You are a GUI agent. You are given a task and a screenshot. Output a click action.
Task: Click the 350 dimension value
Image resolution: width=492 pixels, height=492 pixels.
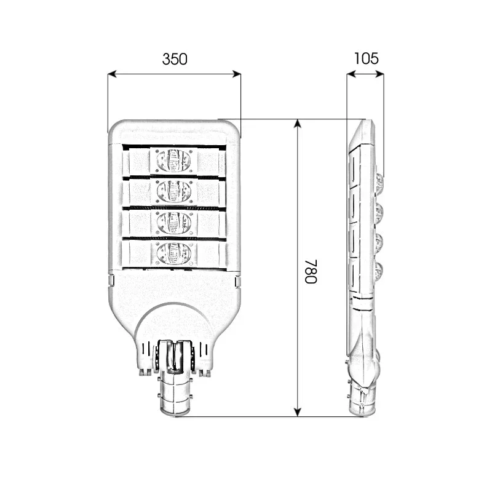coord(174,59)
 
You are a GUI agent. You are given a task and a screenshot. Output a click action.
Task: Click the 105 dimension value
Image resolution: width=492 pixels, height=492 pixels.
coord(366,59)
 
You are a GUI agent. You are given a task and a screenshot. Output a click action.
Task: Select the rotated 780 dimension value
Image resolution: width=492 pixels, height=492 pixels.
coord(311,271)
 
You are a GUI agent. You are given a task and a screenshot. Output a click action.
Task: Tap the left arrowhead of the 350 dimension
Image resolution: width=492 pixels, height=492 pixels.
coord(111,74)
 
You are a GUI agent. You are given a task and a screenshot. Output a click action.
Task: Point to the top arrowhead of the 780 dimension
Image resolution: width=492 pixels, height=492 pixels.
coord(298,123)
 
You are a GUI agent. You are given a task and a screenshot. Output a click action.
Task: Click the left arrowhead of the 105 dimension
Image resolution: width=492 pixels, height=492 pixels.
coord(349,74)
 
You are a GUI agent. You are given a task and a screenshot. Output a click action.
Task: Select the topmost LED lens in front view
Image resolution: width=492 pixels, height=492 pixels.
coord(174,161)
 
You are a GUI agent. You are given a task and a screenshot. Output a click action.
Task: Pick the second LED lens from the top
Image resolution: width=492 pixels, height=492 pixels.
coord(174,192)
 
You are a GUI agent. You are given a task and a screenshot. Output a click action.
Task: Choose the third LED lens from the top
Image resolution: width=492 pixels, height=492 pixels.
coord(174,223)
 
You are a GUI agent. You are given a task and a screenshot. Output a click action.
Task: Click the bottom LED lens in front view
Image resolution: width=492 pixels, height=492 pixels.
coord(174,253)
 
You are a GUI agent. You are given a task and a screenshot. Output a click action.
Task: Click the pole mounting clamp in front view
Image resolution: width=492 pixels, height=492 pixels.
coord(175,357)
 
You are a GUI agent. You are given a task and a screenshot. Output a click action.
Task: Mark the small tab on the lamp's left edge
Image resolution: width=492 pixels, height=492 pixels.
coord(111,281)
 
